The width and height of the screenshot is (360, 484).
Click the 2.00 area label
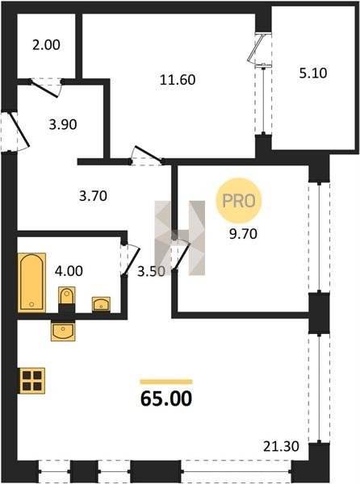[46, 45]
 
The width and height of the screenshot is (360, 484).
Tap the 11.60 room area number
[178, 80]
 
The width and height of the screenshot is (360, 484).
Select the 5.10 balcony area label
[313, 73]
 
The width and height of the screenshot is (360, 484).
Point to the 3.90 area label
[63, 125]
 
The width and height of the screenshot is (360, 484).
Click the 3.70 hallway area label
[93, 196]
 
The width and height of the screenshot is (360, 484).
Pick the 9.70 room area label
[243, 234]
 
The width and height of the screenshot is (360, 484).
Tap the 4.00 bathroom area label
[69, 271]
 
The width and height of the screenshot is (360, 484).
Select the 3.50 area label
[151, 271]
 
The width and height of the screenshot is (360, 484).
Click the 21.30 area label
[281, 446]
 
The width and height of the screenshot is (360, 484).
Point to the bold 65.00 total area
[166, 398]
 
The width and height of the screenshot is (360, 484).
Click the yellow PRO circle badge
[238, 200]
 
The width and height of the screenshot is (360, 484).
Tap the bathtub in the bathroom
[31, 282]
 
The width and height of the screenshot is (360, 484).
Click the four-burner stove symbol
[32, 381]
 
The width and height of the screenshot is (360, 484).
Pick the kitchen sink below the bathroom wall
[63, 332]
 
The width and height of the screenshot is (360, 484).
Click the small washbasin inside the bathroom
[101, 304]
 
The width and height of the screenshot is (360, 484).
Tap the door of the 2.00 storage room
[46, 87]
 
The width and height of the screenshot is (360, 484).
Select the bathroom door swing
[132, 259]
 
